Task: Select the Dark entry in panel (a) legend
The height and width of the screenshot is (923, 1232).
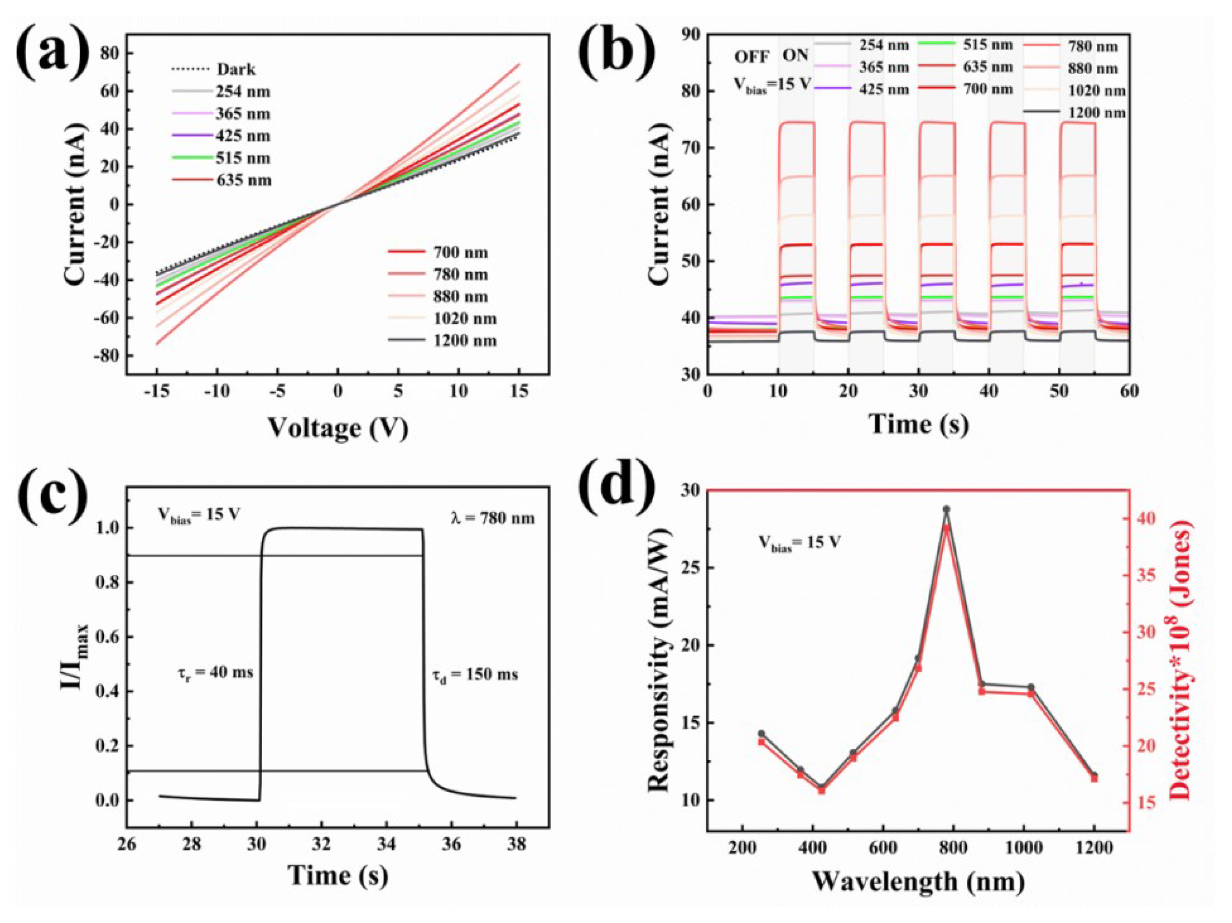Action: (235, 70)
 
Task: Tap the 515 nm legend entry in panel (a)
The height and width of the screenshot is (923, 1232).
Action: (243, 158)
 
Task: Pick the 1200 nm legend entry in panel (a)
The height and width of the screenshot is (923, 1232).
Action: (464, 340)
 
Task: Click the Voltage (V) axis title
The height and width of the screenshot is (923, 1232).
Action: (338, 429)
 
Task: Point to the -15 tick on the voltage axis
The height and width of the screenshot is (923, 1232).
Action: (157, 392)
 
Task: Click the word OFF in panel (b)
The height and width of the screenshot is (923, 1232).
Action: (751, 57)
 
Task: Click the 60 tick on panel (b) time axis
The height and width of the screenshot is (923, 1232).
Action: (1129, 391)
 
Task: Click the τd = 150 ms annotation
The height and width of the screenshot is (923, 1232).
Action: (475, 675)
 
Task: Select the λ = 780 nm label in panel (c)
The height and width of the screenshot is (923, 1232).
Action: (492, 518)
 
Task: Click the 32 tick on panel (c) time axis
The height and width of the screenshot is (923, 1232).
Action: (321, 845)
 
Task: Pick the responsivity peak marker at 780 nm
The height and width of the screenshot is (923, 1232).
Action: (946, 509)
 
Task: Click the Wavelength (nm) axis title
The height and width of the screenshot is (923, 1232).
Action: (917, 882)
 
